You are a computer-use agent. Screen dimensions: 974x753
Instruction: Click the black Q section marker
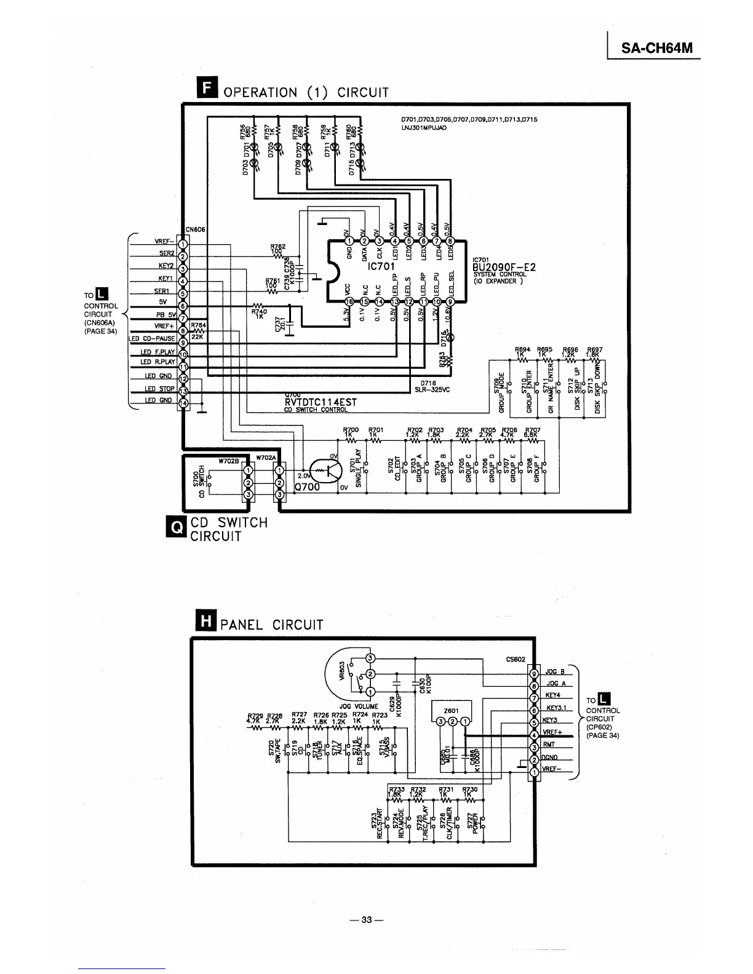coord(178,528)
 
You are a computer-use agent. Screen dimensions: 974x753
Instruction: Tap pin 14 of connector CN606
coord(182,403)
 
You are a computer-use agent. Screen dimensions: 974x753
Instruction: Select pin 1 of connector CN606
coord(182,244)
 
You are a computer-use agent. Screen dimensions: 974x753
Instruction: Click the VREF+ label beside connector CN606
coord(164,327)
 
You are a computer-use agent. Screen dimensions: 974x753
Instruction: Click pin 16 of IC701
coord(348,302)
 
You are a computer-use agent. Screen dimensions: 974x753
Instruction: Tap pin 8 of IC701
coord(449,241)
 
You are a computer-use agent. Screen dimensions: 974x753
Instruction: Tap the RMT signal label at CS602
coord(549,746)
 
